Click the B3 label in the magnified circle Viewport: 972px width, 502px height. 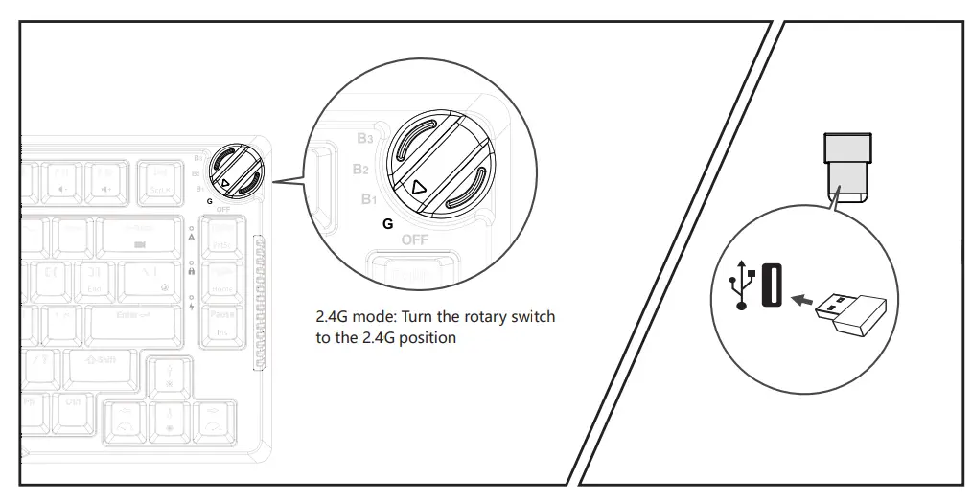pos(365,139)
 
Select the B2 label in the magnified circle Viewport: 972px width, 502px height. pos(360,170)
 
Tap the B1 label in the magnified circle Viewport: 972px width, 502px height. pos(369,199)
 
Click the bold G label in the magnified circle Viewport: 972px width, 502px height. pos(387,223)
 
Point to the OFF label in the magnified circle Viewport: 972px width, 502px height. pos(414,240)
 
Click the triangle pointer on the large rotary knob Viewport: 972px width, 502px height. pos(417,188)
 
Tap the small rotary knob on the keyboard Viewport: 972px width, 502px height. pos(232,170)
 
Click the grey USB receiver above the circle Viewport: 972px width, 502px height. pos(848,168)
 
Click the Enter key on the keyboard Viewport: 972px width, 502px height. pos(134,315)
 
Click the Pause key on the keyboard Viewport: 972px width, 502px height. pos(222,320)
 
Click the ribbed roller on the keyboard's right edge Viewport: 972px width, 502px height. pos(258,302)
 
